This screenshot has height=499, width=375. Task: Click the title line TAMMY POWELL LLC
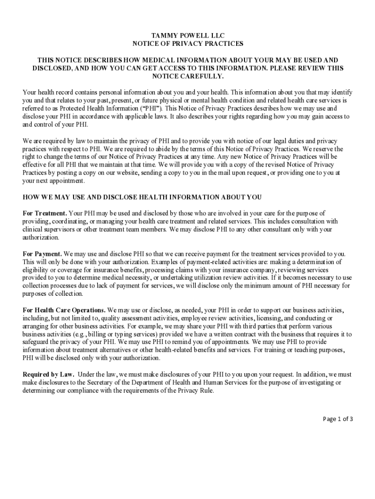point(187,36)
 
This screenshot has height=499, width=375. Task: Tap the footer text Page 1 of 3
point(338,419)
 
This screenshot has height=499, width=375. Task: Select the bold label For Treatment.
point(45,213)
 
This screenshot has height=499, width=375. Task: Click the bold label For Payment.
point(42,254)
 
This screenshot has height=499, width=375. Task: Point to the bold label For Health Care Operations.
point(64,310)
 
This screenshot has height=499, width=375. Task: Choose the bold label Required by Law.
point(48,374)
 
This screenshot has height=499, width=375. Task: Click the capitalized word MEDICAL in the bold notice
point(172,60)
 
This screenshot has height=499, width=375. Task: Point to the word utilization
point(263,278)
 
